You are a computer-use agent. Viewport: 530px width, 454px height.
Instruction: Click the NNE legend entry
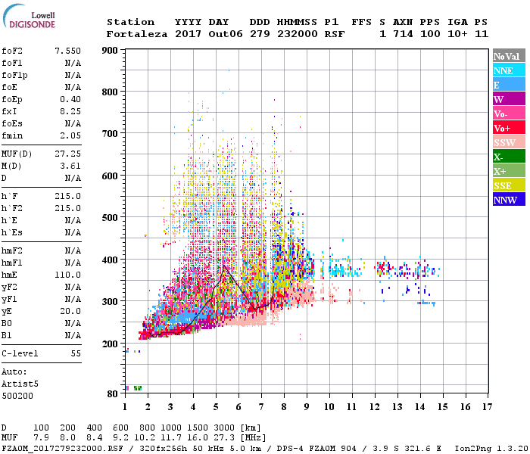point(508,70)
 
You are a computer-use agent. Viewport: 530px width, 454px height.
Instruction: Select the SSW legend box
point(508,142)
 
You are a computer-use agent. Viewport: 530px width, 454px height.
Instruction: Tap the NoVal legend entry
point(508,56)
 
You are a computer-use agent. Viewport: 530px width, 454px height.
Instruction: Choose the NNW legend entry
point(508,200)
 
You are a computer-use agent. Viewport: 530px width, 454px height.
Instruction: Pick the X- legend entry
point(508,157)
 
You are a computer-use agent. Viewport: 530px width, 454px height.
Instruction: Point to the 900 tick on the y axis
point(110,51)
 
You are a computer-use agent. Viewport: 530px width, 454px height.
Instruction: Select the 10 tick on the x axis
point(329,407)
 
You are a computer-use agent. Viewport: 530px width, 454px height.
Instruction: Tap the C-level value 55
point(76,353)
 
